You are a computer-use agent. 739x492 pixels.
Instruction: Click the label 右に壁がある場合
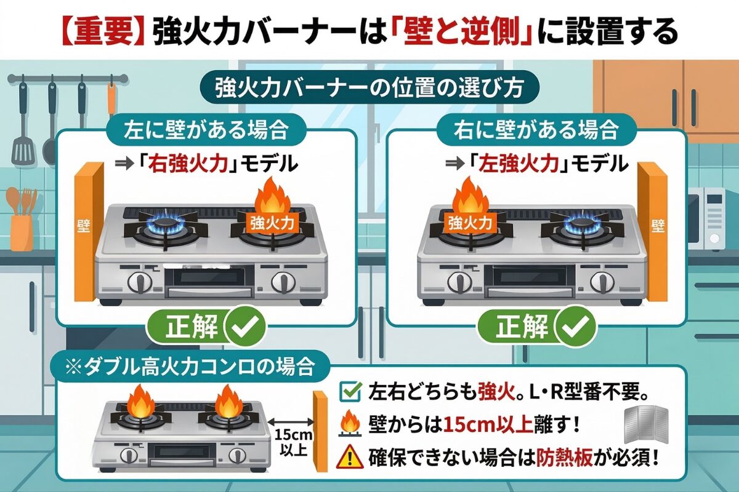pyautogui.click(x=535, y=130)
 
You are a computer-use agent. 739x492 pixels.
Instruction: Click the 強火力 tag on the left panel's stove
pyautogui.click(x=269, y=222)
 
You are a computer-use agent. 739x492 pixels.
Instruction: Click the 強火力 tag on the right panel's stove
pyautogui.click(x=470, y=222)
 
